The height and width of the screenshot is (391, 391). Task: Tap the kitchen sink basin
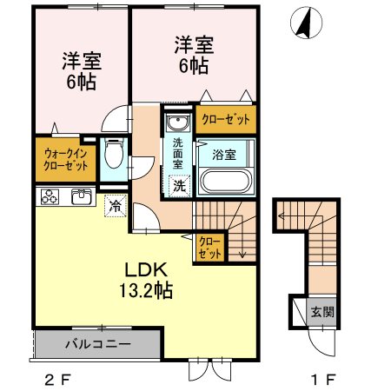click(x=81, y=195)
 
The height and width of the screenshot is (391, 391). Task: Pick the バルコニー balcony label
click(x=97, y=344)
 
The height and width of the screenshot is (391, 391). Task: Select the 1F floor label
click(x=323, y=379)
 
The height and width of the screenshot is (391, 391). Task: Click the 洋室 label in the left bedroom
click(x=81, y=63)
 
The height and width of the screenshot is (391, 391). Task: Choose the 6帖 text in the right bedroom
click(x=194, y=65)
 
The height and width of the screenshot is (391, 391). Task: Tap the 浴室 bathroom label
click(x=224, y=155)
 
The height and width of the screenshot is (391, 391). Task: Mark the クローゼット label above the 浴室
click(x=225, y=119)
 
